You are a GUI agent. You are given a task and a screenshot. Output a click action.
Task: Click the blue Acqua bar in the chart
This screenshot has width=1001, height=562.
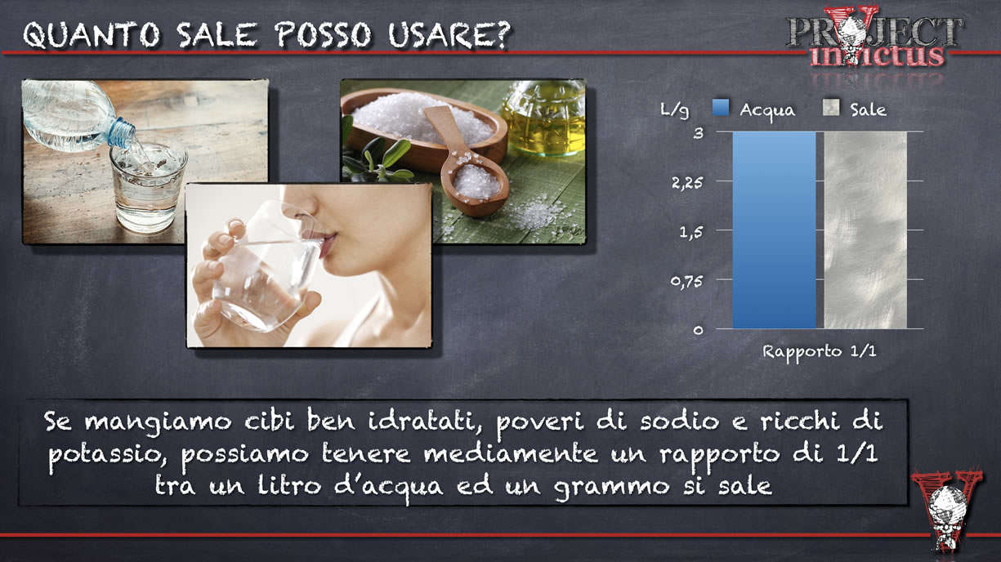coord(774,230)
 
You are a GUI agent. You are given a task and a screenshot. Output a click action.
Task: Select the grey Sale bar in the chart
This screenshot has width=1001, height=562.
coord(865,230)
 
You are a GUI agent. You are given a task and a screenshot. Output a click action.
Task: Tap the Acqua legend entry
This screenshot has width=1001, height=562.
coord(754,109)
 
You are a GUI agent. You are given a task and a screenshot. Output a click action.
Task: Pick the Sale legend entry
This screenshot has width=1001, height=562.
coord(855,109)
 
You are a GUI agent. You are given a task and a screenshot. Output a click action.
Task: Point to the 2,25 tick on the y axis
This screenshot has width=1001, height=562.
coord(687,182)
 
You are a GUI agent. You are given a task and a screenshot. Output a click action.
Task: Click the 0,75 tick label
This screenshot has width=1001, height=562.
coord(687,281)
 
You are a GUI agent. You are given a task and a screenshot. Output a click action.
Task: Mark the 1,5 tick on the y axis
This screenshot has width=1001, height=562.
coord(691,232)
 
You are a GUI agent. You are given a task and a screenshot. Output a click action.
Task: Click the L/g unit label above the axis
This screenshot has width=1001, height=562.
coord(675,110)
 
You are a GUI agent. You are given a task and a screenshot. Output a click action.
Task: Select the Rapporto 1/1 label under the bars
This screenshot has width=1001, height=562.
coord(819,351)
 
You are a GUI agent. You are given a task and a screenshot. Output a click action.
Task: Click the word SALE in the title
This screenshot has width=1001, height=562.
coord(217,34)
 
